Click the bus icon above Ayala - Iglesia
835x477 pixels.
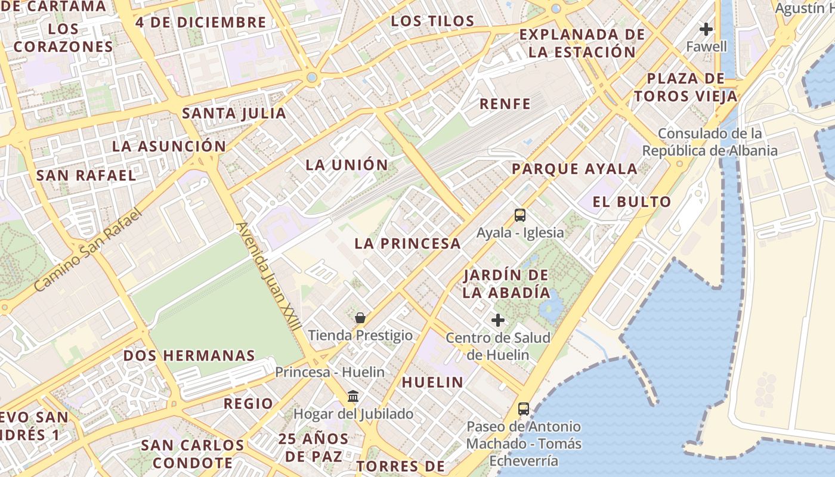(x=520, y=215)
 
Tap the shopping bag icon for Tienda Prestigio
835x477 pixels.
(x=360, y=318)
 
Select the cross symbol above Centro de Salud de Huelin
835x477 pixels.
(x=498, y=321)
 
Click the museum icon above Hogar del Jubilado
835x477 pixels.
(x=353, y=396)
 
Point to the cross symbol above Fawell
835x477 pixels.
(x=706, y=29)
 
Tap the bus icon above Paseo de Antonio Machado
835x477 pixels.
(x=524, y=409)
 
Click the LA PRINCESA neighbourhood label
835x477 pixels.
(x=407, y=243)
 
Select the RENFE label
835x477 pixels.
(x=505, y=104)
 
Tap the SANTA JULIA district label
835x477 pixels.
(x=234, y=113)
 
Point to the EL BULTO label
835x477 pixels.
(x=632, y=202)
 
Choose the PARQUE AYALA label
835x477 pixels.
(x=574, y=169)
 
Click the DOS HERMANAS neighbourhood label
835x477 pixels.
(x=189, y=356)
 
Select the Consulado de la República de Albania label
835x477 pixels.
(x=710, y=142)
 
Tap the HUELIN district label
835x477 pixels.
(x=432, y=382)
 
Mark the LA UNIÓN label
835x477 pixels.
(x=347, y=165)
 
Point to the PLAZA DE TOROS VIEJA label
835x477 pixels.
(x=686, y=87)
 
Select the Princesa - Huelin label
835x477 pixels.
(x=330, y=372)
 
